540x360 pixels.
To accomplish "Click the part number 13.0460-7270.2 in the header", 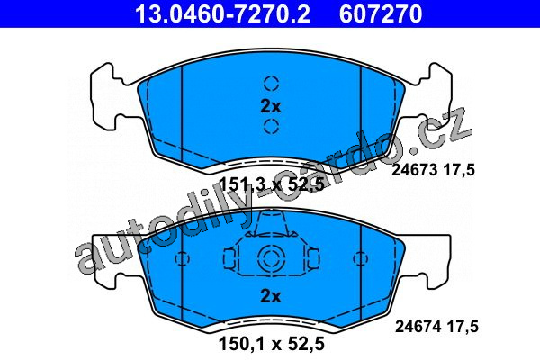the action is (x=223, y=13).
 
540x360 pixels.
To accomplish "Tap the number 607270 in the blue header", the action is (x=381, y=13).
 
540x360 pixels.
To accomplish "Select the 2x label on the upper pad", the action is (x=271, y=107).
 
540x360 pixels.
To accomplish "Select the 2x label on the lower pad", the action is (x=271, y=296).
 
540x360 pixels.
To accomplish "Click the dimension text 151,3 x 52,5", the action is (x=272, y=184).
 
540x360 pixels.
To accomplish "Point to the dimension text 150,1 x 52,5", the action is (x=272, y=344).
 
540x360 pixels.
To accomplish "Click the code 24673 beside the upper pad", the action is (x=414, y=170).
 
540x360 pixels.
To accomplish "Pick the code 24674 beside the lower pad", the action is (x=418, y=326).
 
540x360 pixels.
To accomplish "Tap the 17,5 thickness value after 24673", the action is (x=459, y=170).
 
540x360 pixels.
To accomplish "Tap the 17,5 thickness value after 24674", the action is (x=463, y=326).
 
